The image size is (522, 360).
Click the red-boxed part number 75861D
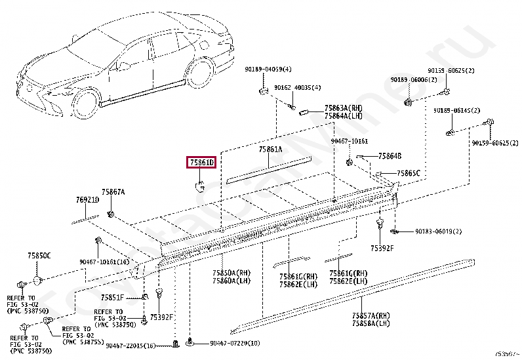click(202, 161)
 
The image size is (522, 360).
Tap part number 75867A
click(113, 191)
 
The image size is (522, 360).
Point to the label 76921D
click(87, 200)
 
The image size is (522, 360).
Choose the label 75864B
click(390, 156)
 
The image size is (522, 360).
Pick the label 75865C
click(408, 173)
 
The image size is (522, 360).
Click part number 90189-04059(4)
click(268, 70)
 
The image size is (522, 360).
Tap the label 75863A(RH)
click(343, 107)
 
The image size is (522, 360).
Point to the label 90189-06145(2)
click(456, 111)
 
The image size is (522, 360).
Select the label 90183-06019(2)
click(437, 231)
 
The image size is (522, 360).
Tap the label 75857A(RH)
click(371, 315)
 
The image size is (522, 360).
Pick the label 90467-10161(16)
click(104, 261)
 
